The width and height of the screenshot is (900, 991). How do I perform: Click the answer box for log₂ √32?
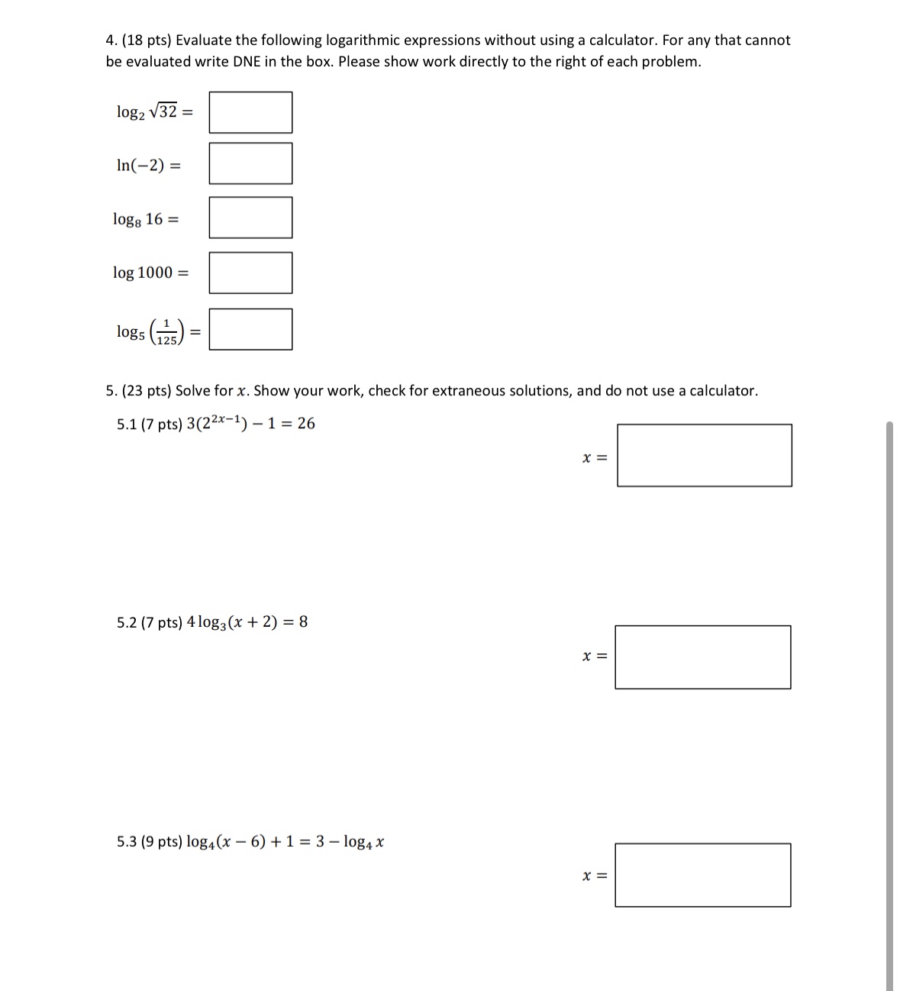pyautogui.click(x=250, y=112)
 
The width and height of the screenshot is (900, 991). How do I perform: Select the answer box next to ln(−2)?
pyautogui.click(x=250, y=163)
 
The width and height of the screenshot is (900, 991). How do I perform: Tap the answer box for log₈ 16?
pyautogui.click(x=250, y=218)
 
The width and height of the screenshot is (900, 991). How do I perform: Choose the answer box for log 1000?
pyautogui.click(x=250, y=273)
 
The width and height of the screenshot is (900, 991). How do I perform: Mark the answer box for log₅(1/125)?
pyautogui.click(x=250, y=329)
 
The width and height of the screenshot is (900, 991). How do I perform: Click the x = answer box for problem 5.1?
pyautogui.click(x=704, y=455)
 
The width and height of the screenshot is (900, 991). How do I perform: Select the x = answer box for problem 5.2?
pyautogui.click(x=702, y=657)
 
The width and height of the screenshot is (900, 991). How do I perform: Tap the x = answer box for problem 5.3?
pyautogui.click(x=702, y=875)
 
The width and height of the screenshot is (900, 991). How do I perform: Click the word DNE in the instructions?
pyautogui.click(x=247, y=62)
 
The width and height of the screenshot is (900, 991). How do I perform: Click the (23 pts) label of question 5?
pyautogui.click(x=147, y=391)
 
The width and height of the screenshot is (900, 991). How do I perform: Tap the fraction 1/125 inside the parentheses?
pyautogui.click(x=167, y=332)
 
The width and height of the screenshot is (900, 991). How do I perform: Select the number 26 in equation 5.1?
pyautogui.click(x=305, y=424)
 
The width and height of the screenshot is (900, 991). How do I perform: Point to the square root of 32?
pyautogui.click(x=164, y=111)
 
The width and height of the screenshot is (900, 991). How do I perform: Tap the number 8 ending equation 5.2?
pyautogui.click(x=303, y=622)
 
